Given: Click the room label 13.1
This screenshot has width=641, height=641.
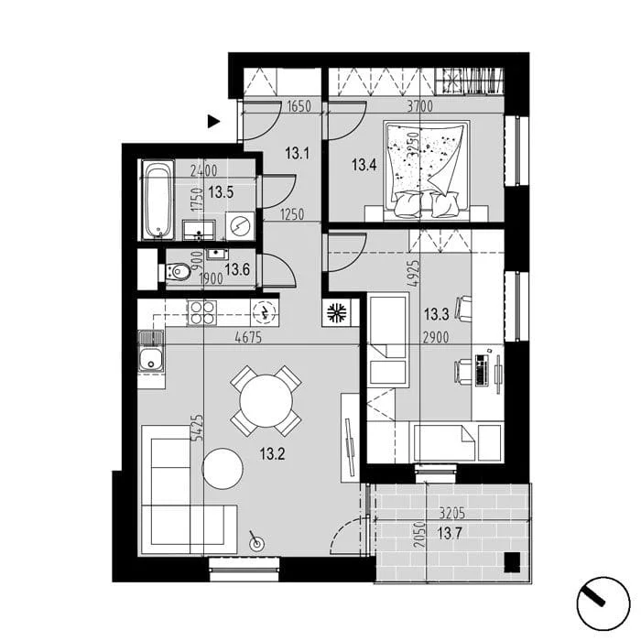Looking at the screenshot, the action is tap(298, 154).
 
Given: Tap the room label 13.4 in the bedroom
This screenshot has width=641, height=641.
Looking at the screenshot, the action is tap(364, 166).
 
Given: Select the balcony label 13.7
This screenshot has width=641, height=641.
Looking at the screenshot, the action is tap(450, 533).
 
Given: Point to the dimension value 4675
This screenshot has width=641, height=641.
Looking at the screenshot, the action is tap(248, 338).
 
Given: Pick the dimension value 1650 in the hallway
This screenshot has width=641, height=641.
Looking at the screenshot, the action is tap(299, 106).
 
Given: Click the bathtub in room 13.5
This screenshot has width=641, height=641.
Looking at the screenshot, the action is tap(158, 201).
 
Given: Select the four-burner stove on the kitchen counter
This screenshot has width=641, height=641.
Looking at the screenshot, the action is tap(202, 313).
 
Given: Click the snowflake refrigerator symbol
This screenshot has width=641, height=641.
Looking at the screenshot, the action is tap(336, 313).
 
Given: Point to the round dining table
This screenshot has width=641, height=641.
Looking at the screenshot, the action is tap(266, 401).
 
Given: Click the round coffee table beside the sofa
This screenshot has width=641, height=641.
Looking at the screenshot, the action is tap(223, 468).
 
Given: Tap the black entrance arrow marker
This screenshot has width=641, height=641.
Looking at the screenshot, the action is tap(213, 122).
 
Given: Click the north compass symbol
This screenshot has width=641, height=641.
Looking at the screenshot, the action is tap(603, 603).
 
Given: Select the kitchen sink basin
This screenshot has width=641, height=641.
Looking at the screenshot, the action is tap(151, 360).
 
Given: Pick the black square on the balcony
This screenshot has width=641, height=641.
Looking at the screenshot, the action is tap(512, 562).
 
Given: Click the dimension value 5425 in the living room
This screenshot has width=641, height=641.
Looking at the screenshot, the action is tap(198, 428).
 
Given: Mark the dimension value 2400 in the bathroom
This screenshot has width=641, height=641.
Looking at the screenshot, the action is tap(204, 170).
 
